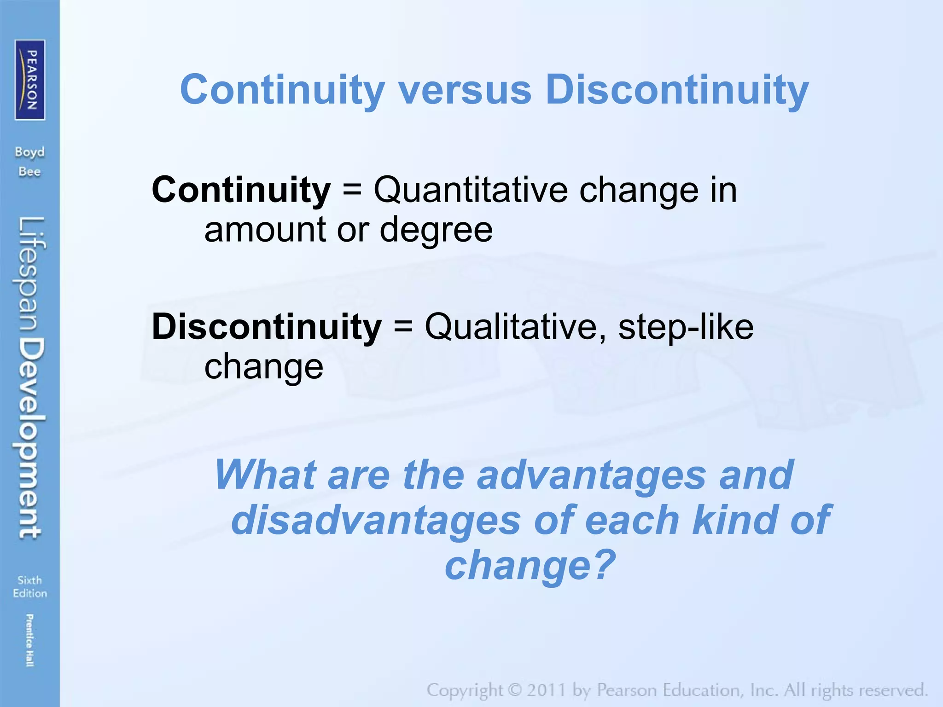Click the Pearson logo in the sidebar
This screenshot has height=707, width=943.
pyautogui.click(x=30, y=80)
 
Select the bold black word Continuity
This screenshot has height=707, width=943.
pyautogui.click(x=241, y=190)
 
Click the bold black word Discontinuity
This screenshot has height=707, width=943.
pyautogui.click(x=267, y=326)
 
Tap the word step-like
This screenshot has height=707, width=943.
pyautogui.click(x=686, y=326)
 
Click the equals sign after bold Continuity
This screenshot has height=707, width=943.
pyautogui.click(x=352, y=191)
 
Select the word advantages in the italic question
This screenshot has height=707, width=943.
pyautogui.click(x=591, y=475)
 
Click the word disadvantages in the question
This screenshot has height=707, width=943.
pyautogui.click(x=375, y=520)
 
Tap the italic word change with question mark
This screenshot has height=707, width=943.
pyautogui.click(x=530, y=565)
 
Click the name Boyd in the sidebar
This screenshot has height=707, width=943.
pyautogui.click(x=30, y=152)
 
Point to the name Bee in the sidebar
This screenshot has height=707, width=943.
pyautogui.click(x=30, y=172)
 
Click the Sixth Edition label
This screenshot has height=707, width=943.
pyautogui.click(x=30, y=586)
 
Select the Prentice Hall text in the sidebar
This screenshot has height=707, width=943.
pyautogui.click(x=29, y=640)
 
